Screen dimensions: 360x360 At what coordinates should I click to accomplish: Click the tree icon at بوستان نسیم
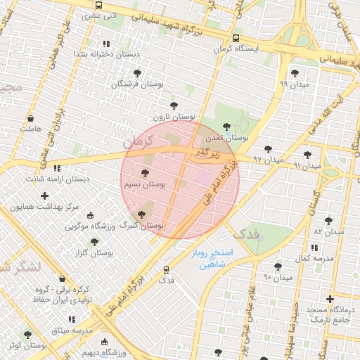(146, 172)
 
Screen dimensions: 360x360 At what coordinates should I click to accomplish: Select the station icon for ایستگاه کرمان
(236, 39)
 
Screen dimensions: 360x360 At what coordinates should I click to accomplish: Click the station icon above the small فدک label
(166, 269)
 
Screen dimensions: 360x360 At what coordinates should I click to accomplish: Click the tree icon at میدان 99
(294, 72)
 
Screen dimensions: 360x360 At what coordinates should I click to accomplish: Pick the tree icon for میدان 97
(268, 149)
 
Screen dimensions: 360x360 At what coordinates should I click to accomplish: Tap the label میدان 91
(307, 166)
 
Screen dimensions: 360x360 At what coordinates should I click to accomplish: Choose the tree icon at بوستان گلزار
(84, 241)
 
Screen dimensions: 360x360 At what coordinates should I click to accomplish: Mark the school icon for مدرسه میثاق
(72, 319)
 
